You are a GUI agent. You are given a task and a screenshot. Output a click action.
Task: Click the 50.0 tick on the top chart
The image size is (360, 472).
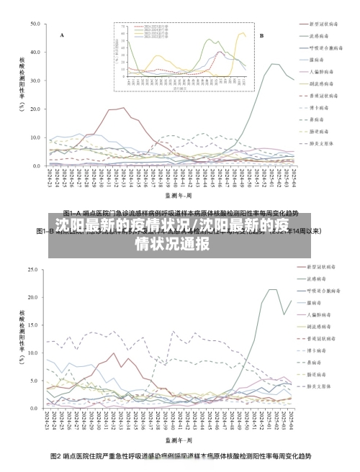tap(35, 24)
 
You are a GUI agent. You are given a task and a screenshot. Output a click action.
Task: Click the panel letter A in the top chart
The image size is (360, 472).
tap(62, 35)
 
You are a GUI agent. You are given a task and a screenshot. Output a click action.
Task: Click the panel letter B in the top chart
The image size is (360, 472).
tap(261, 35)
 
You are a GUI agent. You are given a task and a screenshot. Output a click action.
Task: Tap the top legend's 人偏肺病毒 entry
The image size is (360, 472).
tap(321, 72)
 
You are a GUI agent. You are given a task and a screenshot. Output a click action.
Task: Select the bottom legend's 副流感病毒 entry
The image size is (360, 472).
tap(321, 327)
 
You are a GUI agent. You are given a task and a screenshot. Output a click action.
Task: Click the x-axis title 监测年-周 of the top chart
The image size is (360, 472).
tap(178, 194)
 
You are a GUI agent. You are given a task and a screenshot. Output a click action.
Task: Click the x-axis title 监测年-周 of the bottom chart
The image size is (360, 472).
tap(178, 438)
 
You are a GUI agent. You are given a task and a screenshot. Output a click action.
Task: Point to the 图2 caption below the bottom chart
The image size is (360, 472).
tap(180, 456)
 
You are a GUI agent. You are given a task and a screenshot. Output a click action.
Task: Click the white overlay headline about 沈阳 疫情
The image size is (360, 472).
tap(180, 235)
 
